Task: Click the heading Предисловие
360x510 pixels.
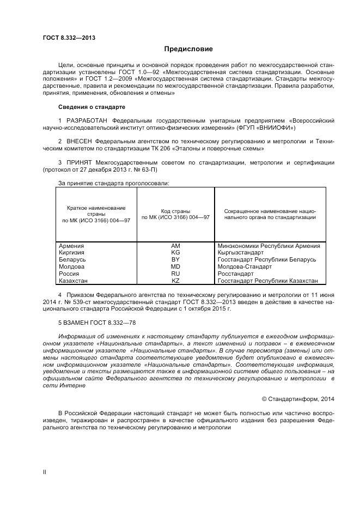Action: tap(188, 49)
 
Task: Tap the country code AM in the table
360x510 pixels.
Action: tap(175, 246)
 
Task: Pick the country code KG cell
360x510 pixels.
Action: tap(175, 253)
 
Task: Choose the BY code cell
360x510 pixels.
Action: tap(175, 260)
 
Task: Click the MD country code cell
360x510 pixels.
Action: tap(175, 267)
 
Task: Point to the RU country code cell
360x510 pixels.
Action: tap(175, 274)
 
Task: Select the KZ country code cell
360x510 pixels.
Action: tap(175, 281)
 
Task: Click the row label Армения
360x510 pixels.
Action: tap(71, 246)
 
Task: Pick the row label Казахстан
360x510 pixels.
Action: tap(74, 281)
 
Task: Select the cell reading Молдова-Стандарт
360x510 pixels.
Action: tap(244, 267)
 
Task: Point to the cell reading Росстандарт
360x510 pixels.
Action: tap(235, 274)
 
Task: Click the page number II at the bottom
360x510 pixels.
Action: tap(45, 472)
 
